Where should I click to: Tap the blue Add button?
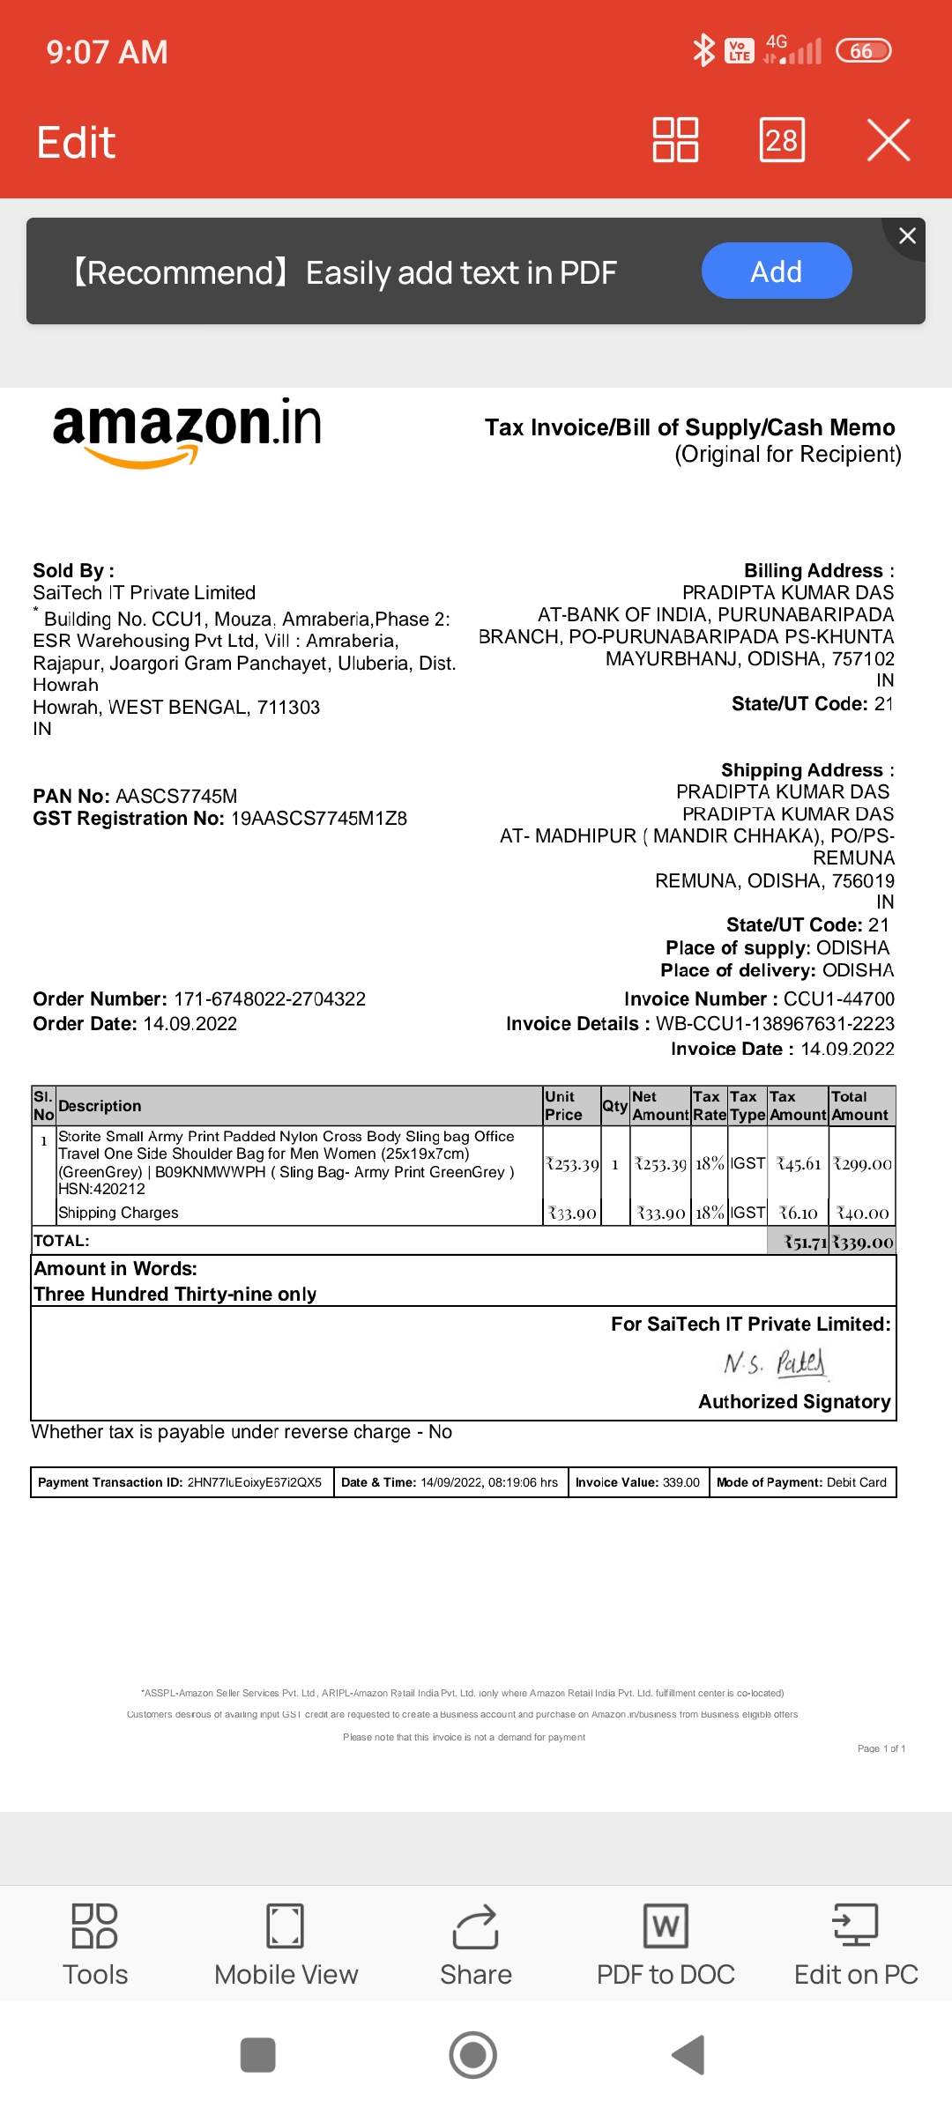[776, 271]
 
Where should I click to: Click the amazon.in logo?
[187, 430]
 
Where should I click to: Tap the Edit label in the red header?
[76, 143]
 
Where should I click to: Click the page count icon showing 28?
[782, 140]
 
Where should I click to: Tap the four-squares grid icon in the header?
[675, 140]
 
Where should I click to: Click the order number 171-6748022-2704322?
[270, 999]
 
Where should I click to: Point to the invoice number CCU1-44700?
[838, 999]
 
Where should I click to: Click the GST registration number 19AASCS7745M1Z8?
[318, 819]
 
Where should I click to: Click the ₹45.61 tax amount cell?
[799, 1164]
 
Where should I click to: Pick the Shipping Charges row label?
[118, 1213]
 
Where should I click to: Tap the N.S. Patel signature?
[775, 1363]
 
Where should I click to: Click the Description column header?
[100, 1106]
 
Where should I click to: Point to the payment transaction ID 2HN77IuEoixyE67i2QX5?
[254, 1482]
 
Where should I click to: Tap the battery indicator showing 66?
[863, 51]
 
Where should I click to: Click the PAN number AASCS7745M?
[176, 797]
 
